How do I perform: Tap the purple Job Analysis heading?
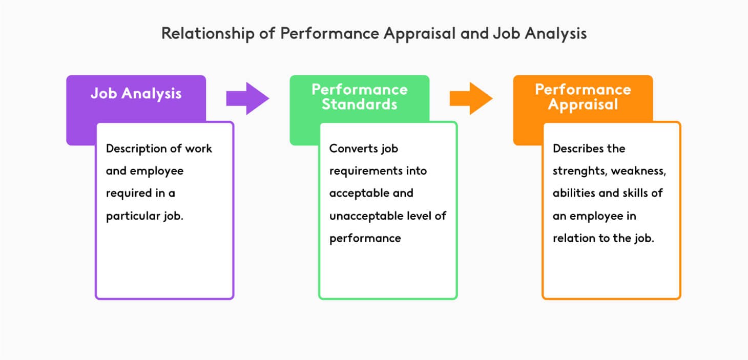tap(136, 94)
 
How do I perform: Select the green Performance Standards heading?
tap(360, 97)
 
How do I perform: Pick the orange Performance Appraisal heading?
tap(583, 97)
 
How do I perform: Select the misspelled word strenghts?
tap(576, 171)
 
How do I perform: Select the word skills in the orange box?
tap(634, 193)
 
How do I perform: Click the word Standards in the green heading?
tap(360, 104)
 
